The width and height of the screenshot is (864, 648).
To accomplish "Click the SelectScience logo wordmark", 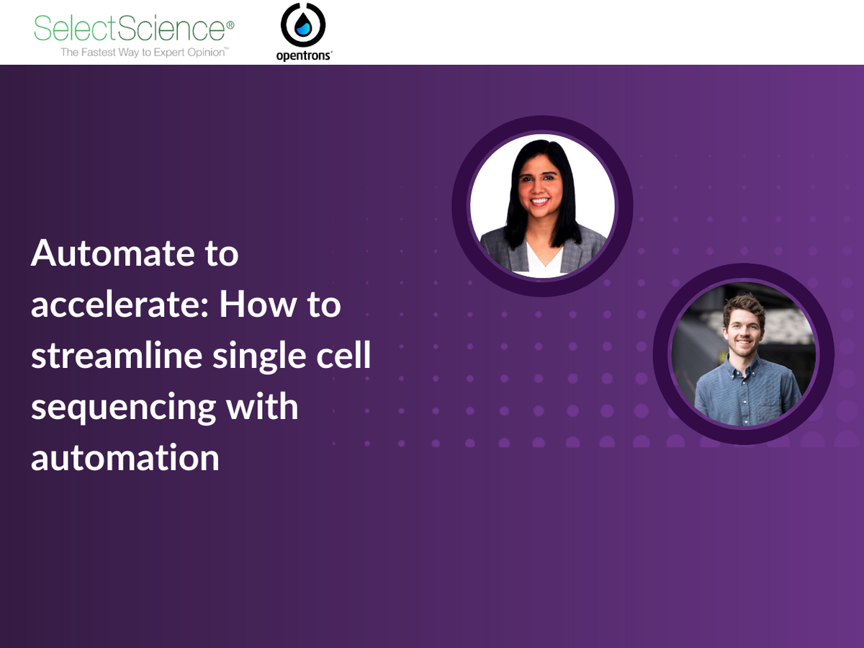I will click(x=130, y=29).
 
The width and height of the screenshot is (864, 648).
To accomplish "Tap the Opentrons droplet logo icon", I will click(x=303, y=26).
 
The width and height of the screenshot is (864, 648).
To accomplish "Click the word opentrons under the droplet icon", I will click(x=303, y=56).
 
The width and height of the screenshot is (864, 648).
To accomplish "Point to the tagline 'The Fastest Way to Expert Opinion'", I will click(x=144, y=52).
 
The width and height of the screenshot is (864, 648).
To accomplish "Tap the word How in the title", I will click(x=253, y=305).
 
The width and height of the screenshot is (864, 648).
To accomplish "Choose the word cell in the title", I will click(x=340, y=356).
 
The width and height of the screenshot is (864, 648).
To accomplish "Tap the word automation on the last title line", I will click(x=125, y=458).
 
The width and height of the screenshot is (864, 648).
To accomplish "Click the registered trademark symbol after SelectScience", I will click(x=230, y=24).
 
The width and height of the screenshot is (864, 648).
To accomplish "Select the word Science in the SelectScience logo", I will click(x=178, y=29).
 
